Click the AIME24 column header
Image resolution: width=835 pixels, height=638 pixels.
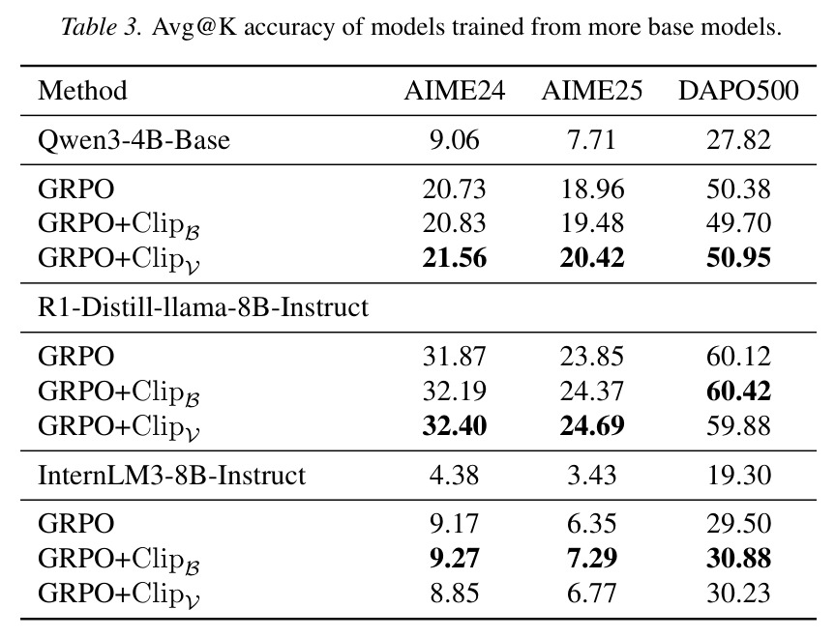[x=454, y=91]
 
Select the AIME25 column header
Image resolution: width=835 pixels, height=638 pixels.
[x=591, y=91]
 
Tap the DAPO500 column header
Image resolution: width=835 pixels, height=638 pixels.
[x=738, y=91]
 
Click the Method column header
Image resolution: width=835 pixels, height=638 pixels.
[x=82, y=91]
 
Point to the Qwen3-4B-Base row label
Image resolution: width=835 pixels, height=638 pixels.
[x=134, y=140]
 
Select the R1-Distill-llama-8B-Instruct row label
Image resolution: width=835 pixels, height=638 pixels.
[x=203, y=307]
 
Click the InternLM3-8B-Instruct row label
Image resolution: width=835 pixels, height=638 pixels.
[x=171, y=476]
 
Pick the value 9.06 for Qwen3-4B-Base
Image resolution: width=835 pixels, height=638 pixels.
[x=454, y=140]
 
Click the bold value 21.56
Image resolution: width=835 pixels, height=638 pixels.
[x=454, y=258]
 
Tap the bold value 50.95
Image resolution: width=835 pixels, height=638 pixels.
[x=738, y=258]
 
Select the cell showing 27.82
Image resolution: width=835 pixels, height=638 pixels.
[x=738, y=140]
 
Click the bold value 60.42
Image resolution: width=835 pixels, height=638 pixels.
[x=738, y=391]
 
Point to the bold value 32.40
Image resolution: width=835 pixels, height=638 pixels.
[x=454, y=426]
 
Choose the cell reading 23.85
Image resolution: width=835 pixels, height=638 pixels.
[x=591, y=357]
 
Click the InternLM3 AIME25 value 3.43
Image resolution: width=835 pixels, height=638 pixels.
[x=591, y=476]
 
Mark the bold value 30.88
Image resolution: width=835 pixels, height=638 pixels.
[x=738, y=559]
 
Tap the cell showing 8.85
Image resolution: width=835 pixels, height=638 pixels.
[x=454, y=594]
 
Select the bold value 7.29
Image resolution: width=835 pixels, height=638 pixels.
[x=591, y=559]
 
